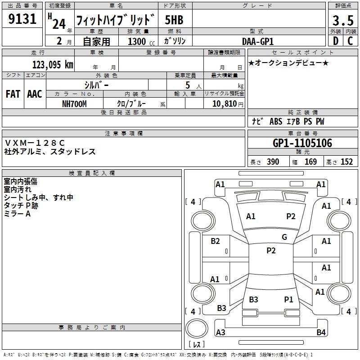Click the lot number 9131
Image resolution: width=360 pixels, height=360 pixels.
click(x=22, y=19)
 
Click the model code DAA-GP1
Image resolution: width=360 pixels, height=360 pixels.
click(x=258, y=41)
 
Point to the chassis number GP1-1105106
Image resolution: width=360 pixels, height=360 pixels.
click(x=302, y=144)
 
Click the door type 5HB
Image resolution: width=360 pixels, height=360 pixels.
click(x=174, y=20)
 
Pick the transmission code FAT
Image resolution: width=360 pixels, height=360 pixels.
click(x=13, y=94)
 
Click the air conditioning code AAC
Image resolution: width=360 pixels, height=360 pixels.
click(x=34, y=94)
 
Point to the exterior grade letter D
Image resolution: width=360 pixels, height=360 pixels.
click(x=335, y=41)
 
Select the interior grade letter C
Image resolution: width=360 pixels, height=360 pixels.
click(x=350, y=41)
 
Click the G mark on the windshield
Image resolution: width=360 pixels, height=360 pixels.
click(x=284, y=237)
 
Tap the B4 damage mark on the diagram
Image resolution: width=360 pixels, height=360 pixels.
click(x=321, y=333)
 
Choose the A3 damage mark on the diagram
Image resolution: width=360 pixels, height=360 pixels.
click(x=220, y=333)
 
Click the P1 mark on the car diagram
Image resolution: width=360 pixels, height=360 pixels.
click(x=288, y=299)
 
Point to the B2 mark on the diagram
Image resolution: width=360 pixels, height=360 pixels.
click(x=216, y=241)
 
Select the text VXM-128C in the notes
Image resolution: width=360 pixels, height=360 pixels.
click(x=35, y=143)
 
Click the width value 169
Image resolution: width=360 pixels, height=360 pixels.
click(x=310, y=162)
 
